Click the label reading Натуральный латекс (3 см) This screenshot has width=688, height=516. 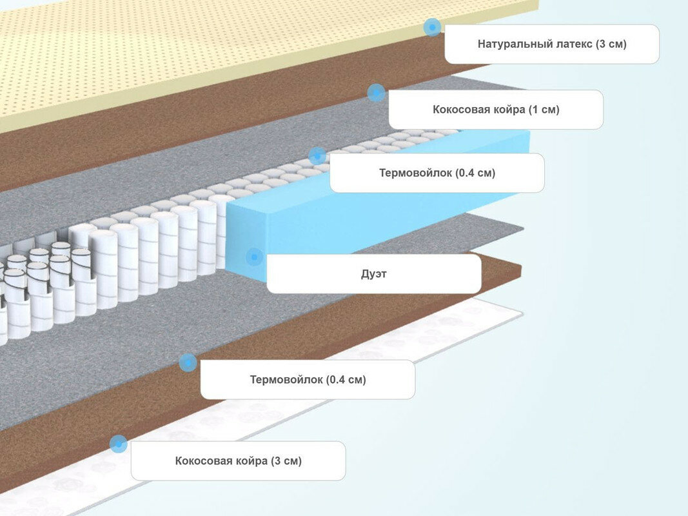pos(552,44)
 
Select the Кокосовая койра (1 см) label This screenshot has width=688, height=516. pos(496,110)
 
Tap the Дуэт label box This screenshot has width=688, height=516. pos(373,273)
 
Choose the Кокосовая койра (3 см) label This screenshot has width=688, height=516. pos(238,461)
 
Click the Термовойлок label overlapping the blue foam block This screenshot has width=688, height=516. pos(437,173)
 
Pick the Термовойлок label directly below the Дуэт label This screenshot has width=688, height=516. pos(308,379)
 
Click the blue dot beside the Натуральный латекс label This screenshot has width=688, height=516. pos(432,27)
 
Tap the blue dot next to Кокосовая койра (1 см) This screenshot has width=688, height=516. pos(376,92)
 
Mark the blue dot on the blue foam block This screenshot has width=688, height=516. pos(255,257)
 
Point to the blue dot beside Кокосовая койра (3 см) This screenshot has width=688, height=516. pos(118,444)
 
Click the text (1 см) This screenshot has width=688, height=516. pos(544,110)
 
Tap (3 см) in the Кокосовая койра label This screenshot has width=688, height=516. pos(286,461)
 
